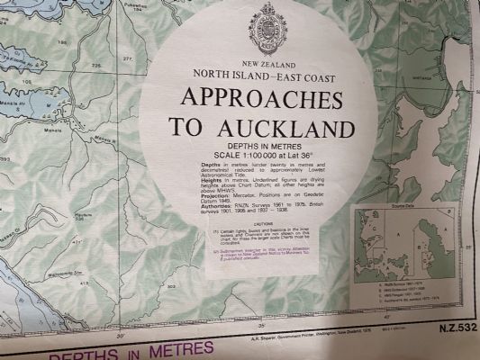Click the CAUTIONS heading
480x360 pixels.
[264, 224]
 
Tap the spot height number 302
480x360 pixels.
[170, 287]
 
